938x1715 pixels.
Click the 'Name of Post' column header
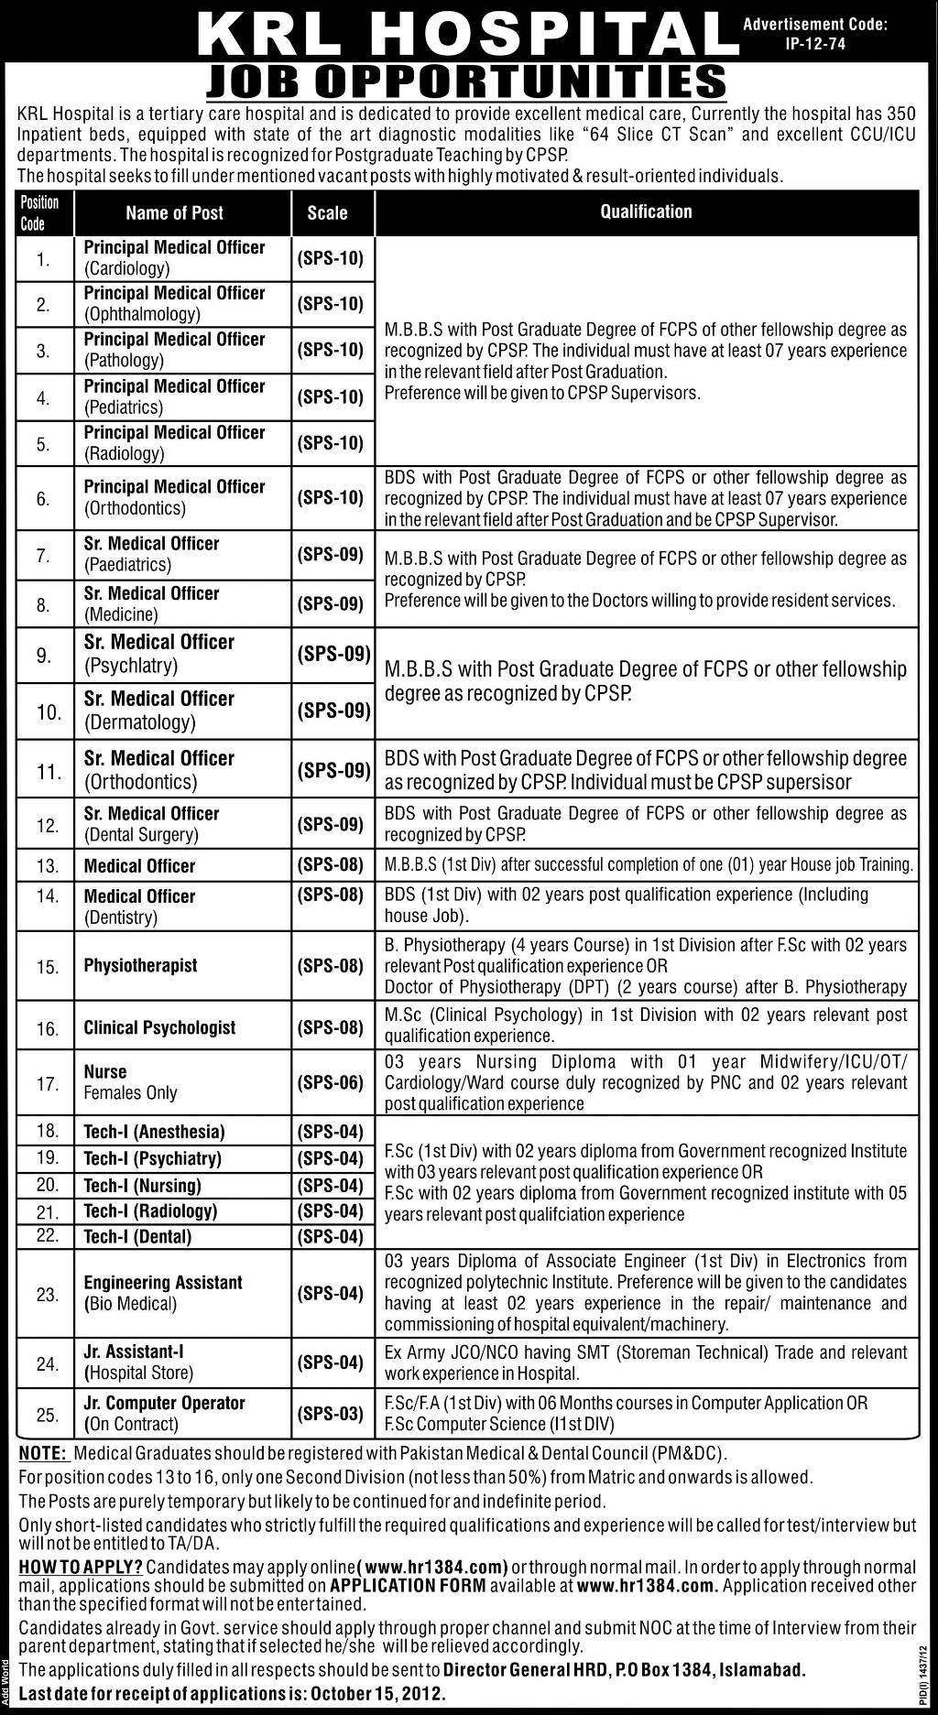tap(175, 212)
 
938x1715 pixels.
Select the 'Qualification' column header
tap(646, 212)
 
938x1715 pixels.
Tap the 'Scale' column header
tap(327, 212)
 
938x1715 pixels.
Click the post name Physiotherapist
tap(140, 965)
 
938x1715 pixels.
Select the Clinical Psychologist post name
tap(159, 1027)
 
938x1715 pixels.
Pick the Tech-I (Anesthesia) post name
tap(154, 1132)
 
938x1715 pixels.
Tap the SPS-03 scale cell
tap(331, 1414)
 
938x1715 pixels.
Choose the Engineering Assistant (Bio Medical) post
tap(162, 1292)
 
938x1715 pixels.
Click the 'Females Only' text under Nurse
tap(130, 1092)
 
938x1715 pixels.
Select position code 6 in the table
tap(44, 499)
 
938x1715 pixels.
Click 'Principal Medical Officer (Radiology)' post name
tap(174, 442)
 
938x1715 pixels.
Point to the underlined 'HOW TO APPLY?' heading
tap(80, 1567)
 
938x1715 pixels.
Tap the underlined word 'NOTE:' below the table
tap(42, 1453)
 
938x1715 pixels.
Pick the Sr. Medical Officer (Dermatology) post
tap(158, 711)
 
